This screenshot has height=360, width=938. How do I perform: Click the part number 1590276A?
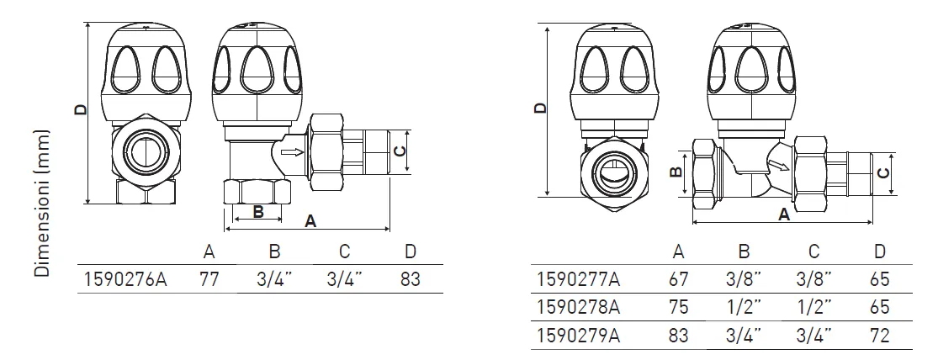coord(122,279)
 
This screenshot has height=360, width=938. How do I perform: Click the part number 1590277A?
coord(579,279)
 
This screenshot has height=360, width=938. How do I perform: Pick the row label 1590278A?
coord(579,307)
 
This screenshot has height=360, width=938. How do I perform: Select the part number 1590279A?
coord(579,336)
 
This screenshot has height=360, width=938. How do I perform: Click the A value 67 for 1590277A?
coord(678,279)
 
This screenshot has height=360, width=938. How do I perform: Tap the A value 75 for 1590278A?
coord(678,307)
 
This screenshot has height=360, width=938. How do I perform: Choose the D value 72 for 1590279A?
coord(879,336)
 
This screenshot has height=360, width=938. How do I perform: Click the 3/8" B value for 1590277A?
coord(744,279)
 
